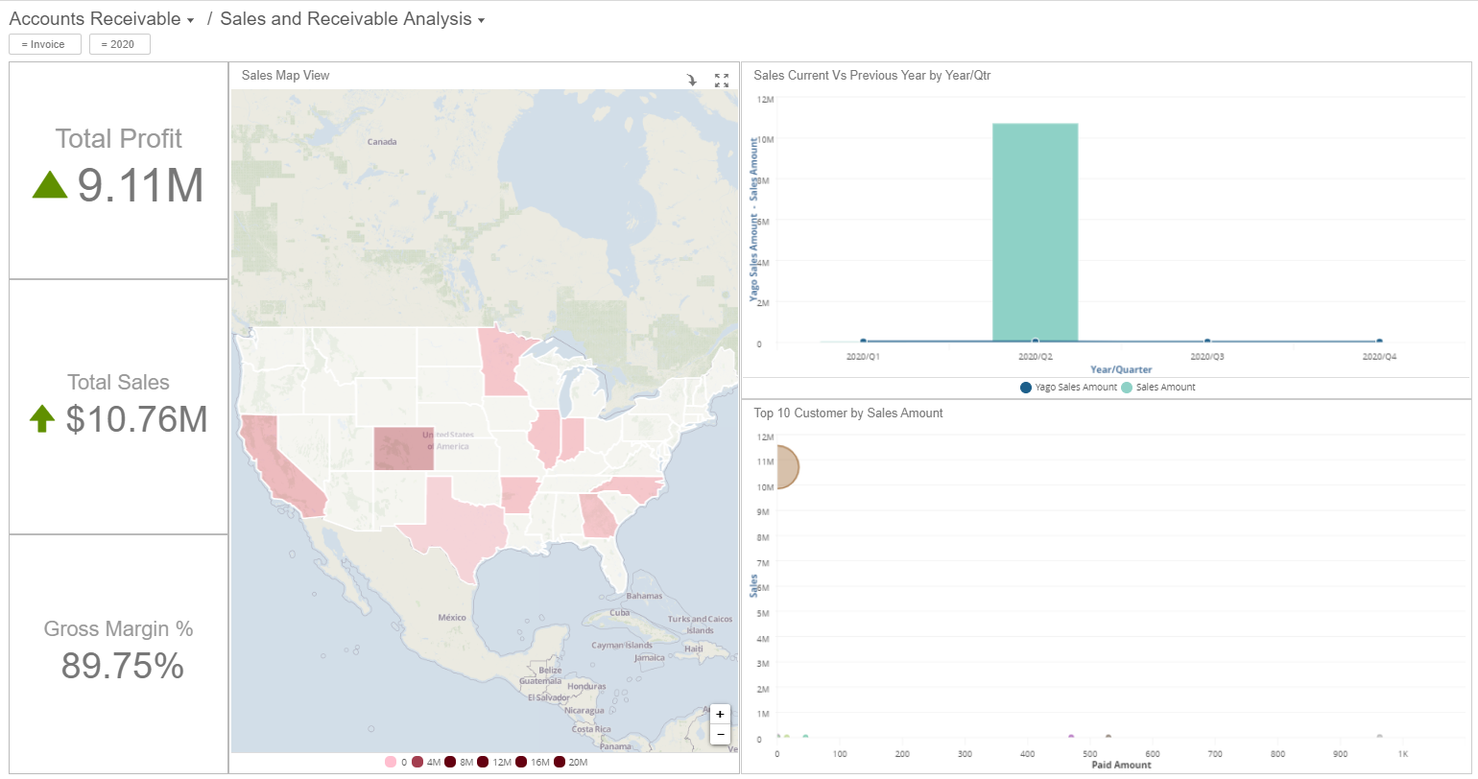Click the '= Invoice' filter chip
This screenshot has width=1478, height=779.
(x=45, y=44)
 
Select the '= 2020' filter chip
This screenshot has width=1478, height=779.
(x=120, y=44)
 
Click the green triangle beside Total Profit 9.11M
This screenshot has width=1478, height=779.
(x=50, y=184)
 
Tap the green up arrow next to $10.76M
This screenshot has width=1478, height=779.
(x=41, y=419)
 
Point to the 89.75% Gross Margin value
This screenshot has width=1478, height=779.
(x=122, y=665)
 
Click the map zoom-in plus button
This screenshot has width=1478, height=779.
(x=720, y=715)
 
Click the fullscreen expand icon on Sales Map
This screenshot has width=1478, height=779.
(x=722, y=81)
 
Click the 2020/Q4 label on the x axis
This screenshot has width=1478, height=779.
(x=1378, y=356)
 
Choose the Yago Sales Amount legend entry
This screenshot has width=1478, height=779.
(x=1068, y=388)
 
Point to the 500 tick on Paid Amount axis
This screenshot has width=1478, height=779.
(x=1090, y=754)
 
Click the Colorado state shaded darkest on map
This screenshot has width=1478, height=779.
(x=403, y=449)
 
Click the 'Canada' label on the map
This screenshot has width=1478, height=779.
(x=382, y=142)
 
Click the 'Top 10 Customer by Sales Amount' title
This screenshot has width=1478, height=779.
(x=848, y=413)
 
